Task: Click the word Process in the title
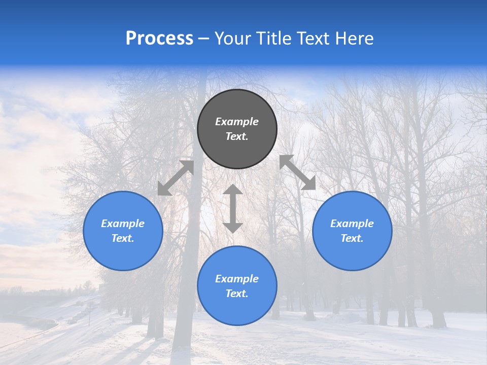(159, 39)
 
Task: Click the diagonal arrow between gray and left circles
(176, 178)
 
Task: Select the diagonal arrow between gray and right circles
(298, 172)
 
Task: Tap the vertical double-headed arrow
(233, 209)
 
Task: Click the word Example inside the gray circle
(237, 122)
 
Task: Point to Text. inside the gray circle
(237, 136)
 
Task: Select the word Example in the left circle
(123, 224)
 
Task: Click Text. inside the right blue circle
(352, 238)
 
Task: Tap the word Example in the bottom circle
(237, 279)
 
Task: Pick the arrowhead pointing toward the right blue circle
(309, 184)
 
